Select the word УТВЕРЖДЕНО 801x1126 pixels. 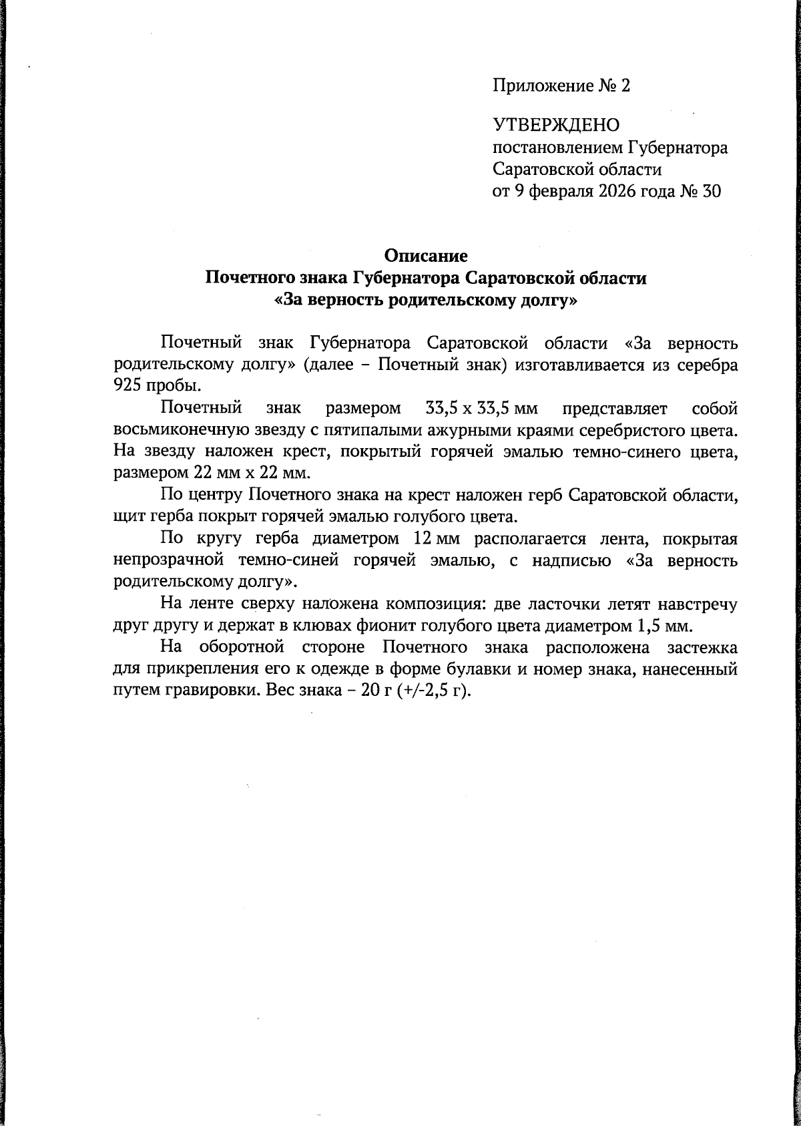(x=556, y=125)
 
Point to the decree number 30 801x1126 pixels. (x=712, y=192)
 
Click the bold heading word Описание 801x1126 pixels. (x=426, y=256)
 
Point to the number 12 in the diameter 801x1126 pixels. (x=419, y=538)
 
